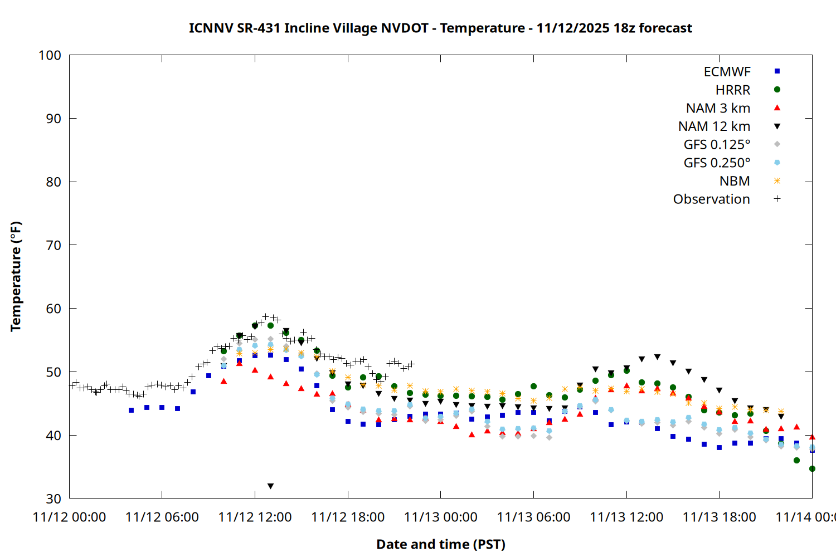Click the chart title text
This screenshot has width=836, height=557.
[x=440, y=28]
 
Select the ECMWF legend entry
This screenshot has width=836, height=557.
[x=727, y=72]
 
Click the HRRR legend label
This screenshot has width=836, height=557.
[x=732, y=90]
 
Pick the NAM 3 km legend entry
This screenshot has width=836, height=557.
[x=718, y=108]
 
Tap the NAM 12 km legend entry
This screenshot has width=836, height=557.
[x=714, y=126]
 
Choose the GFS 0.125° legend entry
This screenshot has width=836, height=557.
[x=717, y=145]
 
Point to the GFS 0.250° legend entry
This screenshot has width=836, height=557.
[x=717, y=163]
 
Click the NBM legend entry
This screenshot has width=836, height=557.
[x=735, y=181]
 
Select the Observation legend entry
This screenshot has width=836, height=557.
[x=711, y=199]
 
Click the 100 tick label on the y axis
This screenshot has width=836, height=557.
[x=50, y=55]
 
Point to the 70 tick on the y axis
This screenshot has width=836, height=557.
[x=54, y=245]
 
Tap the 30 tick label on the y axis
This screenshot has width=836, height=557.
[x=54, y=499]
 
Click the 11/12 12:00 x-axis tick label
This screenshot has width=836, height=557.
[x=255, y=517]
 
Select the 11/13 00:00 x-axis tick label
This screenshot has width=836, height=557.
[x=440, y=517]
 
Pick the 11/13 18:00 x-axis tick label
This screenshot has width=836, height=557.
[x=719, y=517]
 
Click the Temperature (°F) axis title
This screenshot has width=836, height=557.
[x=16, y=276]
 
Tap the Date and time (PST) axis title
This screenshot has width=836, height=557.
[x=440, y=544]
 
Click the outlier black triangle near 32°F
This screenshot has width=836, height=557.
[x=270, y=486]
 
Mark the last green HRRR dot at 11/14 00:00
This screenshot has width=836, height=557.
[x=812, y=469]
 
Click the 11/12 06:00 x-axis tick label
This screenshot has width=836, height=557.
[x=162, y=517]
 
